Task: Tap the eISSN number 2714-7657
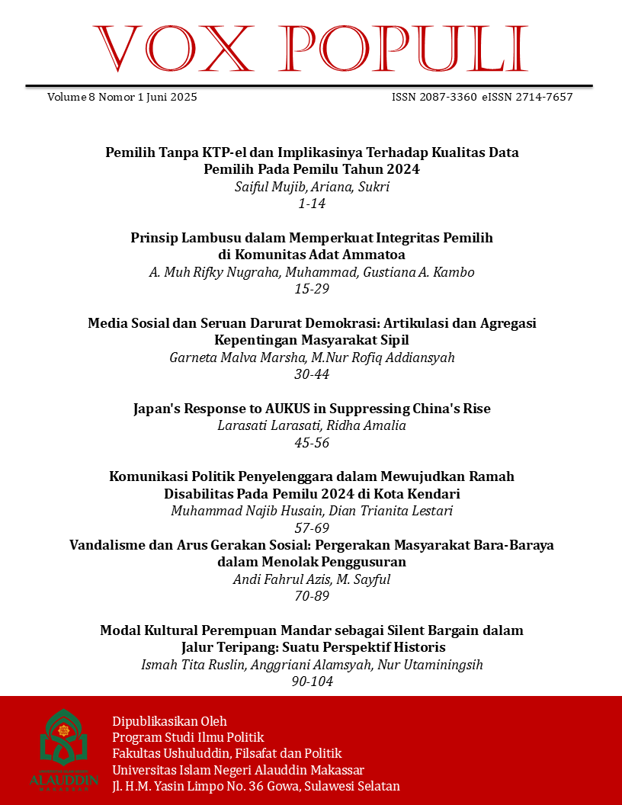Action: click(x=543, y=98)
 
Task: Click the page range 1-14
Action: click(x=312, y=204)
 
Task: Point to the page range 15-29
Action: click(x=312, y=290)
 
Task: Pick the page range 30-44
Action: click(x=312, y=374)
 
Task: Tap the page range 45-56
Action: click(x=312, y=443)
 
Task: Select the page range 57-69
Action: click(x=312, y=528)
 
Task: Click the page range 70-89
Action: click(x=312, y=596)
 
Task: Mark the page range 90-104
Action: click(x=312, y=682)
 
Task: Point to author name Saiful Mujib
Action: click(x=268, y=187)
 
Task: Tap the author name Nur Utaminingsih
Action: click(x=435, y=665)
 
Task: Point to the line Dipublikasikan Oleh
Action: click(x=169, y=721)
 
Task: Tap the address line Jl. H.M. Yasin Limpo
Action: click(x=255, y=786)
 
